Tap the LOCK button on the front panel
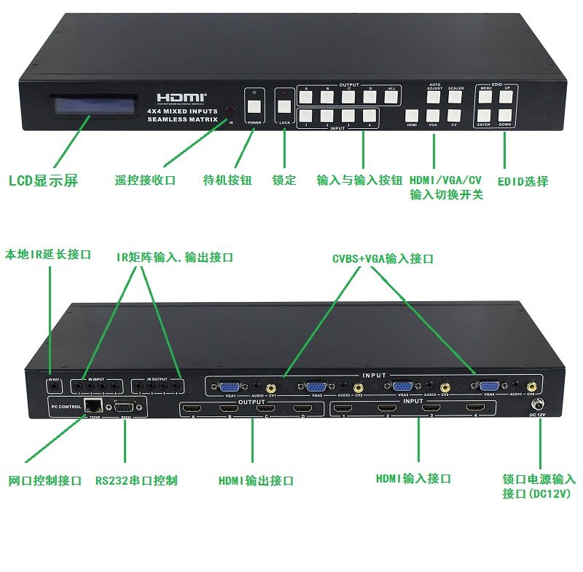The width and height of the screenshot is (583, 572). point(284,106)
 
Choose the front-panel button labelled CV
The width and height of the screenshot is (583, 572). point(454,115)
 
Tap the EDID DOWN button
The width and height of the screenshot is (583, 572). point(505,115)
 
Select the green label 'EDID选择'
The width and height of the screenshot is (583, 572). point(523,180)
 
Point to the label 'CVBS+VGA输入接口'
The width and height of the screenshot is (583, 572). point(383,258)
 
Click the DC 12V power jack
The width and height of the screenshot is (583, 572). point(539,405)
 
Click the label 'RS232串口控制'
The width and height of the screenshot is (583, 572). point(136,480)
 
